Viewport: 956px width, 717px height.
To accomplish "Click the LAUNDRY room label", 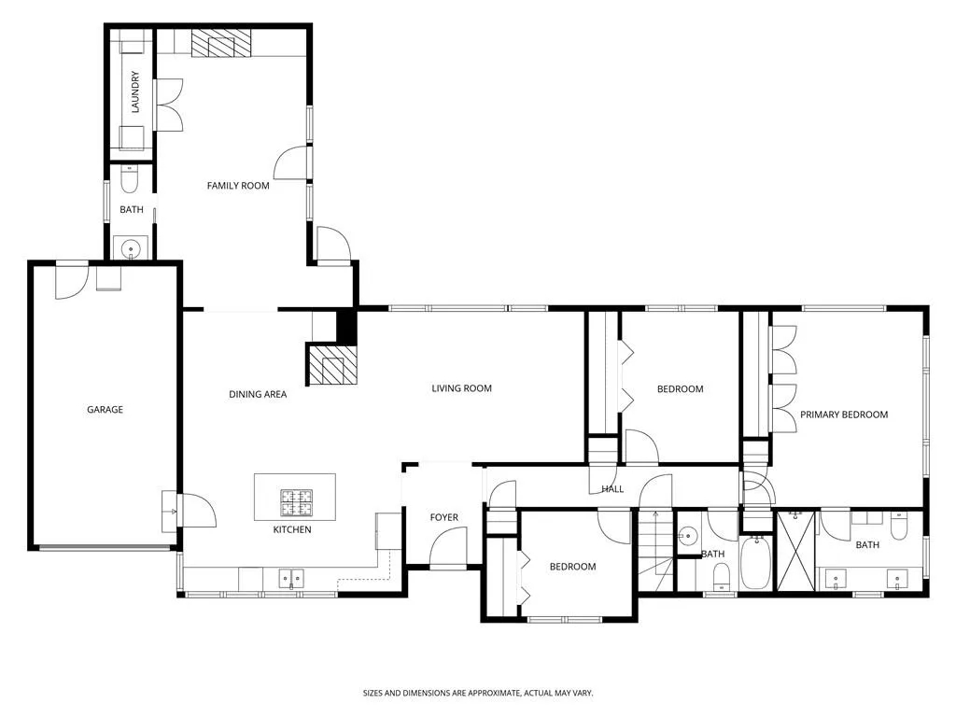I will point(135,91).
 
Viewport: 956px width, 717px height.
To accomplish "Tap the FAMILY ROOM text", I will point(238,186).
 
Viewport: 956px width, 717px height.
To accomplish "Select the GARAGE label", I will point(105,409).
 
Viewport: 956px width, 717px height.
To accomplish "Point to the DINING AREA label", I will point(258,394).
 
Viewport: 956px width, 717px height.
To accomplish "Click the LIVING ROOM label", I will point(461,388).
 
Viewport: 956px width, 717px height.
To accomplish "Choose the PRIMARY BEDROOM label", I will point(843,415).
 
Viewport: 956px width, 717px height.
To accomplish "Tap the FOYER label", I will point(443,517).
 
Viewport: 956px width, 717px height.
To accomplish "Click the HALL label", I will point(612,489).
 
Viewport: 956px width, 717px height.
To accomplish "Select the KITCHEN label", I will point(291,529).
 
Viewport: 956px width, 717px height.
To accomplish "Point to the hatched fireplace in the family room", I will point(221,43).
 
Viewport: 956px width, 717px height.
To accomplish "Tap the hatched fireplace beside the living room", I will point(331,365).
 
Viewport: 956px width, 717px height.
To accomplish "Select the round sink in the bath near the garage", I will point(131,248).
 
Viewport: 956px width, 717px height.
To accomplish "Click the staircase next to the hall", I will point(656,551).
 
